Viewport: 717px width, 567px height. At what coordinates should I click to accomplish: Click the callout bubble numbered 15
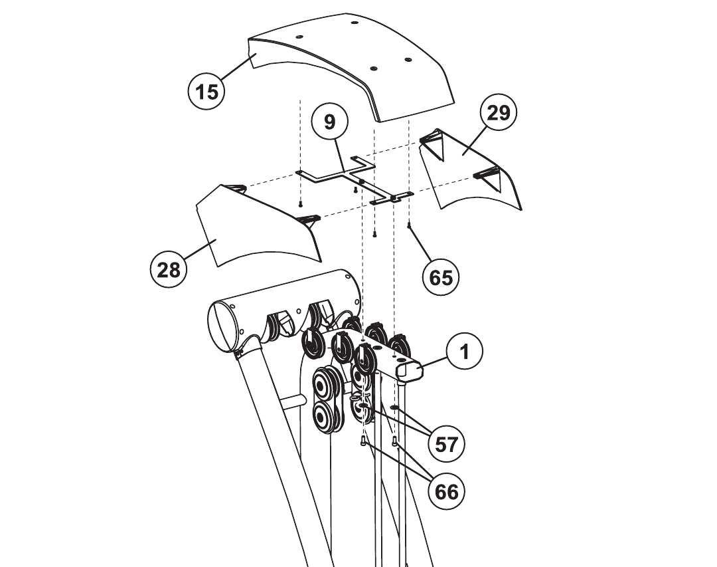tap(206, 90)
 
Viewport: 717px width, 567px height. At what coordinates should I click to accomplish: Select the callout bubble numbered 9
tap(330, 122)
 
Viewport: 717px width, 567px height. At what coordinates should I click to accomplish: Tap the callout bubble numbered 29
tap(498, 113)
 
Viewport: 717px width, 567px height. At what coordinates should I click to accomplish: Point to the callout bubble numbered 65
tap(441, 277)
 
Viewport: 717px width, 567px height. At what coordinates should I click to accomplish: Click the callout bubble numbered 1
tap(465, 351)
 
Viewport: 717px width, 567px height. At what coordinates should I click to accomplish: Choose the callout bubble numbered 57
tap(447, 443)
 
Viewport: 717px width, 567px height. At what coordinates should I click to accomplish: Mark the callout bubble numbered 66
tap(446, 491)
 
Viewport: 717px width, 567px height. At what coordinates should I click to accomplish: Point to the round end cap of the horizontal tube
tap(224, 326)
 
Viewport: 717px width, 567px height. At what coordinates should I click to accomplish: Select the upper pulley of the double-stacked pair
tap(326, 385)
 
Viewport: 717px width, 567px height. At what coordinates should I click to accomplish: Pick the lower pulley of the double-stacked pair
tap(326, 418)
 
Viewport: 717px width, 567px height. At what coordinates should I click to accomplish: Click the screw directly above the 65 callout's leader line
tap(410, 226)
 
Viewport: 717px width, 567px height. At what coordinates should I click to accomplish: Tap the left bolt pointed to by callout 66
tap(363, 441)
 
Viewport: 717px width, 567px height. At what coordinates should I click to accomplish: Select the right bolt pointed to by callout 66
tap(396, 441)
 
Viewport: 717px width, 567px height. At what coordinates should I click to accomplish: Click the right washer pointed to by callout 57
tap(394, 406)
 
